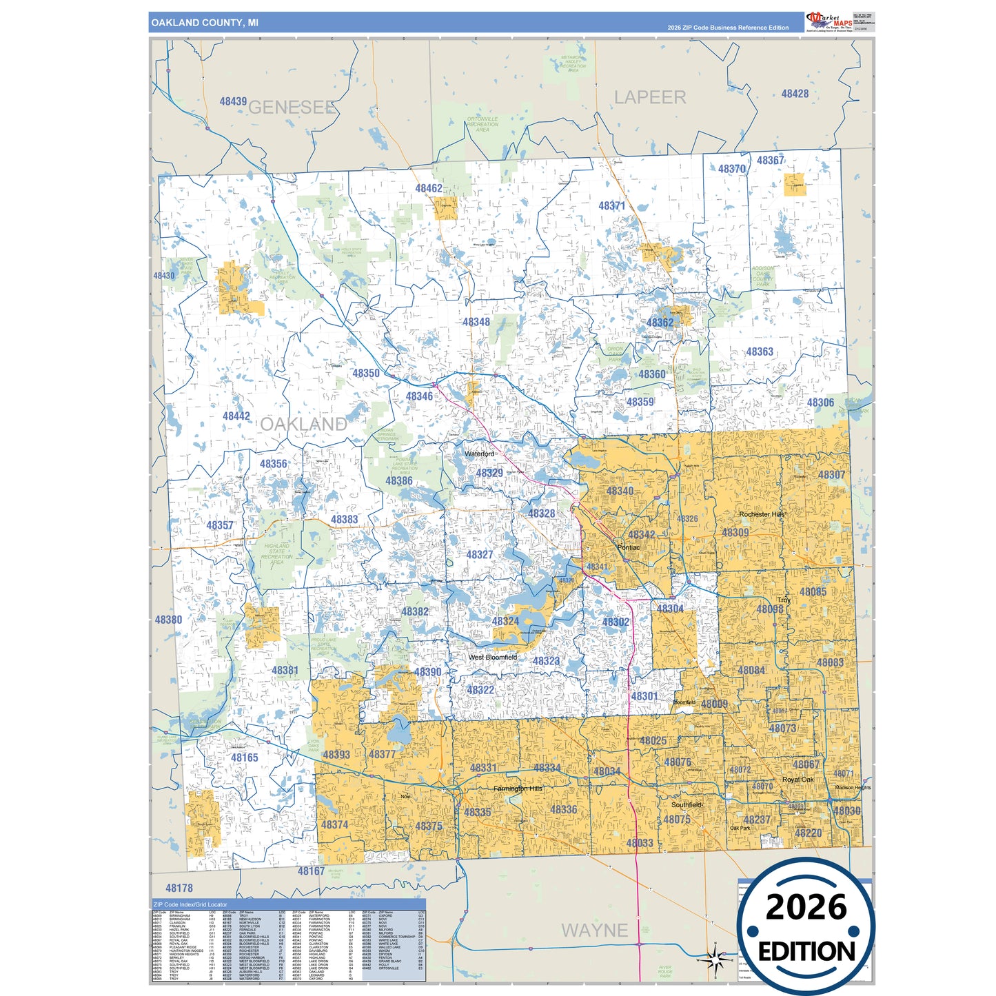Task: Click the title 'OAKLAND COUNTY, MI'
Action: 205,23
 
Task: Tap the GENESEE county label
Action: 292,108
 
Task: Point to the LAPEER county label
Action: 650,98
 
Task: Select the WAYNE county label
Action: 594,931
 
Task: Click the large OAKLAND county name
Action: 303,424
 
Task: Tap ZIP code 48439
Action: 233,101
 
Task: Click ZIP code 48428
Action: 795,94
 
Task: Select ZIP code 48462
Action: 428,188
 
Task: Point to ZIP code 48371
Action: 611,205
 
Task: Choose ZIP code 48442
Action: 236,416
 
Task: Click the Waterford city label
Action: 479,454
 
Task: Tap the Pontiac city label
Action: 628,547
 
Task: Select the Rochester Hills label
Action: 762,514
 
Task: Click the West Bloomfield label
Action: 492,657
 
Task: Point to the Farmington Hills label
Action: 518,788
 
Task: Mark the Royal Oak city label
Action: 797,780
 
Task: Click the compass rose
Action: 715,959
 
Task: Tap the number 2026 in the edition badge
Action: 806,907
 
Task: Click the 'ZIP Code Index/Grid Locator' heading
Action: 190,904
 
